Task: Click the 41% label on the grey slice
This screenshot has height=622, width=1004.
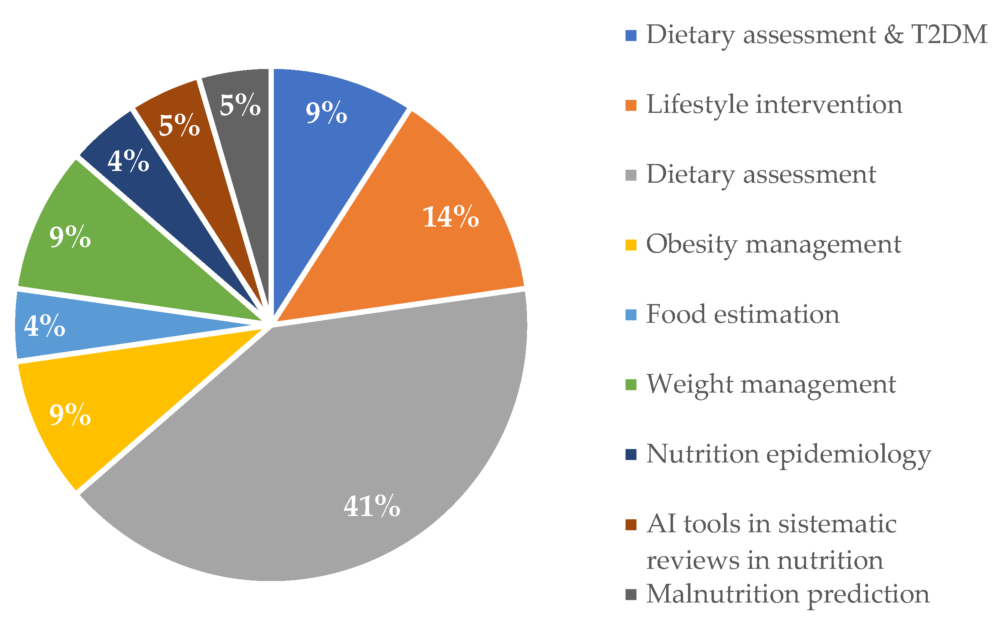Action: point(372,506)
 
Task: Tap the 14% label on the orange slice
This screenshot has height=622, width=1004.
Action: point(450,217)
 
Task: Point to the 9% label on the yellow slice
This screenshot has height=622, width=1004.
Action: point(70,415)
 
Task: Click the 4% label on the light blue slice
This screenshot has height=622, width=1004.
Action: point(44,325)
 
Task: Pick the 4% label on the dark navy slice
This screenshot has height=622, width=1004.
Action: point(128,161)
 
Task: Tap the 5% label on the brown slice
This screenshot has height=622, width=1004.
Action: point(179,125)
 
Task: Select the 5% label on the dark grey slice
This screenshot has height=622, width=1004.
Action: point(240,105)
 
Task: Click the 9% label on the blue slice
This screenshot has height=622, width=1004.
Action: point(326,112)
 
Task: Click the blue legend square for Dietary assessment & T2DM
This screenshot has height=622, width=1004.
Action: point(631,35)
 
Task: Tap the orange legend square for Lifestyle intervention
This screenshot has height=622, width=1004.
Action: point(631,105)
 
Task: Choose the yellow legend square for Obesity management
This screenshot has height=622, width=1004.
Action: point(631,245)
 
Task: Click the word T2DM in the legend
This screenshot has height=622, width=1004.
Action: point(949,35)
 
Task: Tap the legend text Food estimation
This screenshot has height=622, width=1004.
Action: point(743,315)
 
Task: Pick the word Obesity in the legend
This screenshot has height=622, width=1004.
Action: point(691,245)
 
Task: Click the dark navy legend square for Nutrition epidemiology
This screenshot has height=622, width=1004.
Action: point(631,455)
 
